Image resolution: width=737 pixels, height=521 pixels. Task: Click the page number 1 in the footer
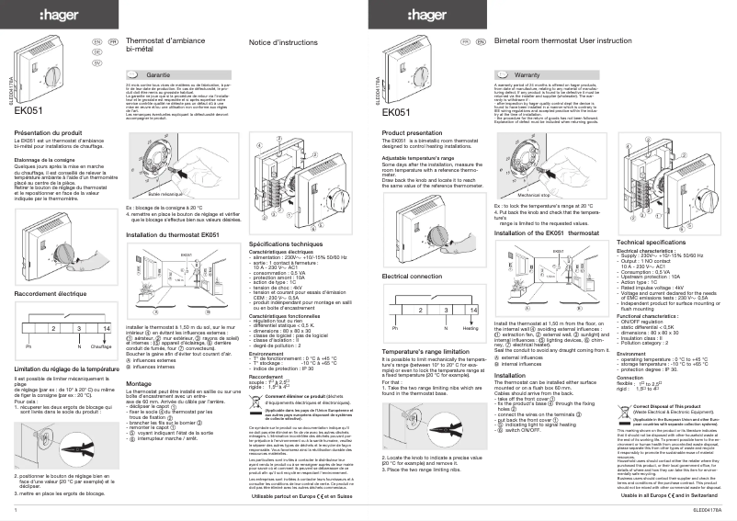click(17, 508)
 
